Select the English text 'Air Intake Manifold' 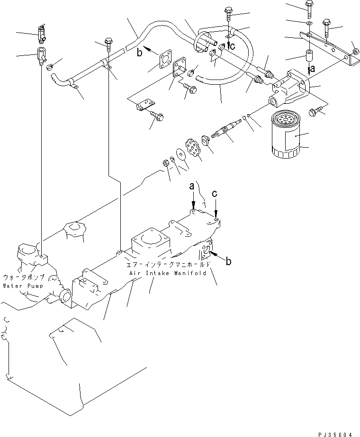[x=166, y=274]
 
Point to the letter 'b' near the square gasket [x=140, y=53]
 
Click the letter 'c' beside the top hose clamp [x=232, y=45]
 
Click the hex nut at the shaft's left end [x=167, y=163]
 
